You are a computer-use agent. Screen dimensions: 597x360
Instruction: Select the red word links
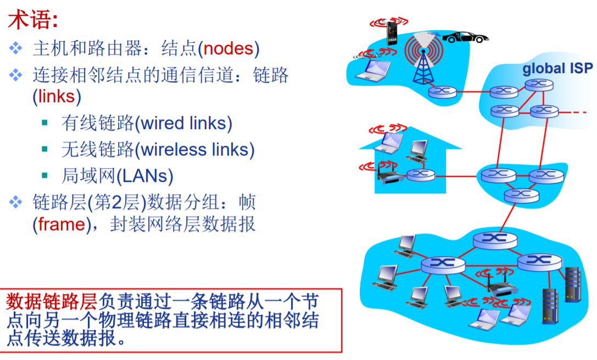tap(56, 96)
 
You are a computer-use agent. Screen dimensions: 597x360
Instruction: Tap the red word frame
tap(60, 225)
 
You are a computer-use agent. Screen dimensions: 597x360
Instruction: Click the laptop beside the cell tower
tap(373, 70)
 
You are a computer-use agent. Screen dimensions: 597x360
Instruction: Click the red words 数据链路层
tap(52, 301)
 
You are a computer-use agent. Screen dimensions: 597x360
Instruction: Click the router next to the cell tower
tap(441, 92)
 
